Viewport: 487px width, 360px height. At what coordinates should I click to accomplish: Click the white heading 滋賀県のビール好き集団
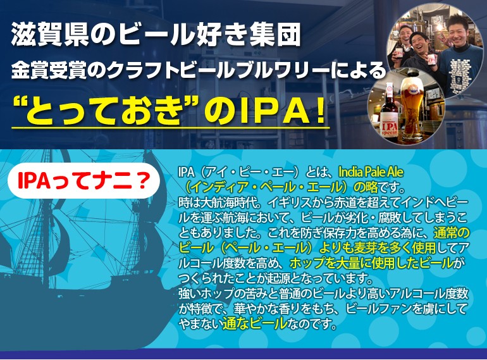[x=156, y=34]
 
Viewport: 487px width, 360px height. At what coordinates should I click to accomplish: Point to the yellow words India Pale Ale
[x=371, y=171]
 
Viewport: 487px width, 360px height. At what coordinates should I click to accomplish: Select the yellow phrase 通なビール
[x=255, y=323]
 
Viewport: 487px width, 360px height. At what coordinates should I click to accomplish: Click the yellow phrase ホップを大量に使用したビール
[x=371, y=263]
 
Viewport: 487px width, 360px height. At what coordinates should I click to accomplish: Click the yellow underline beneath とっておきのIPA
[x=171, y=127]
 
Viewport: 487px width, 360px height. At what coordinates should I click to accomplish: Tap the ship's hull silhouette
[x=78, y=311]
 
